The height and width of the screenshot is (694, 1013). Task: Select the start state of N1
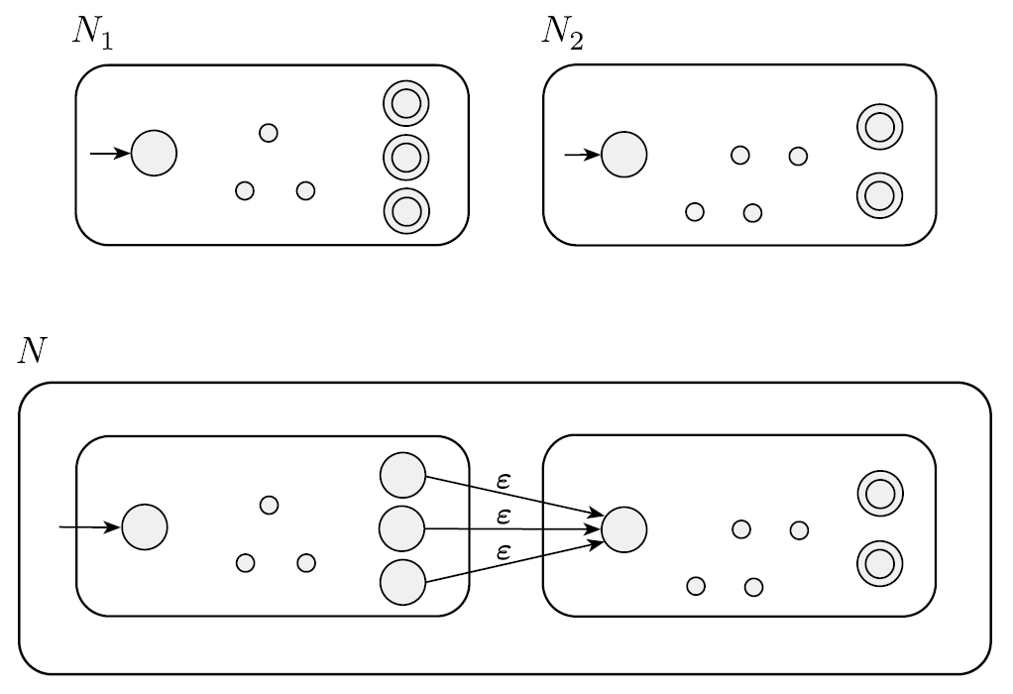pos(154,154)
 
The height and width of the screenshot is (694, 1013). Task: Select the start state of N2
pos(624,154)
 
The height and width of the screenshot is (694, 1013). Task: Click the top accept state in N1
pos(404,102)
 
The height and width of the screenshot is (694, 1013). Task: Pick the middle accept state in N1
pos(404,156)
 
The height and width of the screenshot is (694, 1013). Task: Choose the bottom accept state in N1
pos(404,209)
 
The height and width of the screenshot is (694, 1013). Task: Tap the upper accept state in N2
pos(879,127)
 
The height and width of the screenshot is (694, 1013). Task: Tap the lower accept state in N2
pos(879,194)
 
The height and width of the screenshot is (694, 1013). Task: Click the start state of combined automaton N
pos(145,526)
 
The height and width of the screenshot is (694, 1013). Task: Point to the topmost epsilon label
pos(504,480)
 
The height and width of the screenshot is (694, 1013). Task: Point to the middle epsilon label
pos(504,516)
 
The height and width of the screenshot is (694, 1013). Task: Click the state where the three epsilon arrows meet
pos(624,528)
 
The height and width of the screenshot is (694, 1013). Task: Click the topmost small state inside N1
pos(268,132)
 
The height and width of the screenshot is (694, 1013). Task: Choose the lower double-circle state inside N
pos(879,562)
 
